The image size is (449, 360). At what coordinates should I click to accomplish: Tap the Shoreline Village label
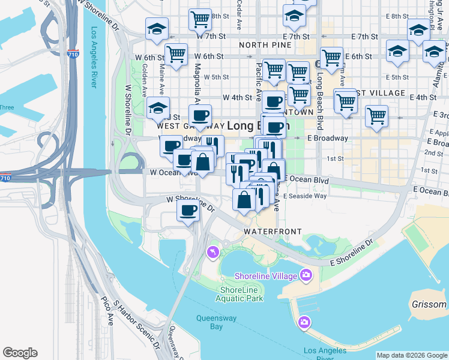[x=274, y=275]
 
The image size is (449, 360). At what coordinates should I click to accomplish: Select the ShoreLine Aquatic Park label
[x=240, y=294]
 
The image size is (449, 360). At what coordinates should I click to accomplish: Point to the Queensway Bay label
[x=209, y=322]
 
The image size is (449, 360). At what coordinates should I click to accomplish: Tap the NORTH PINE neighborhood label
[x=261, y=45]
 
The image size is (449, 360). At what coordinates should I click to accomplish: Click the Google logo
[x=20, y=353]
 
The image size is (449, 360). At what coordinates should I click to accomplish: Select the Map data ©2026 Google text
[x=411, y=355]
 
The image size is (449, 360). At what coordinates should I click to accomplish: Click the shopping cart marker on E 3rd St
[x=376, y=116]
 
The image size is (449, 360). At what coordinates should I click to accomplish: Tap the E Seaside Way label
[x=305, y=196]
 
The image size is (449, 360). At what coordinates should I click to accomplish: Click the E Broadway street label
[x=327, y=138]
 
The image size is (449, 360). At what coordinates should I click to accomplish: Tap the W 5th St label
[x=216, y=77]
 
